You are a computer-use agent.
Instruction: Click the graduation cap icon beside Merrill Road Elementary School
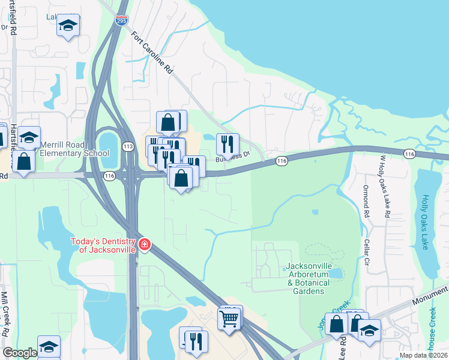[x=29, y=138]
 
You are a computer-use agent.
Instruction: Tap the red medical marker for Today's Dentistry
[x=144, y=244]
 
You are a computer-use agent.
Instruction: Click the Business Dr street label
[x=232, y=157]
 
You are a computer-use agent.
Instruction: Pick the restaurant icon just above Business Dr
[x=228, y=144]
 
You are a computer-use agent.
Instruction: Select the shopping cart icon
[x=230, y=319]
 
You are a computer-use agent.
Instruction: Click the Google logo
[x=20, y=353]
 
